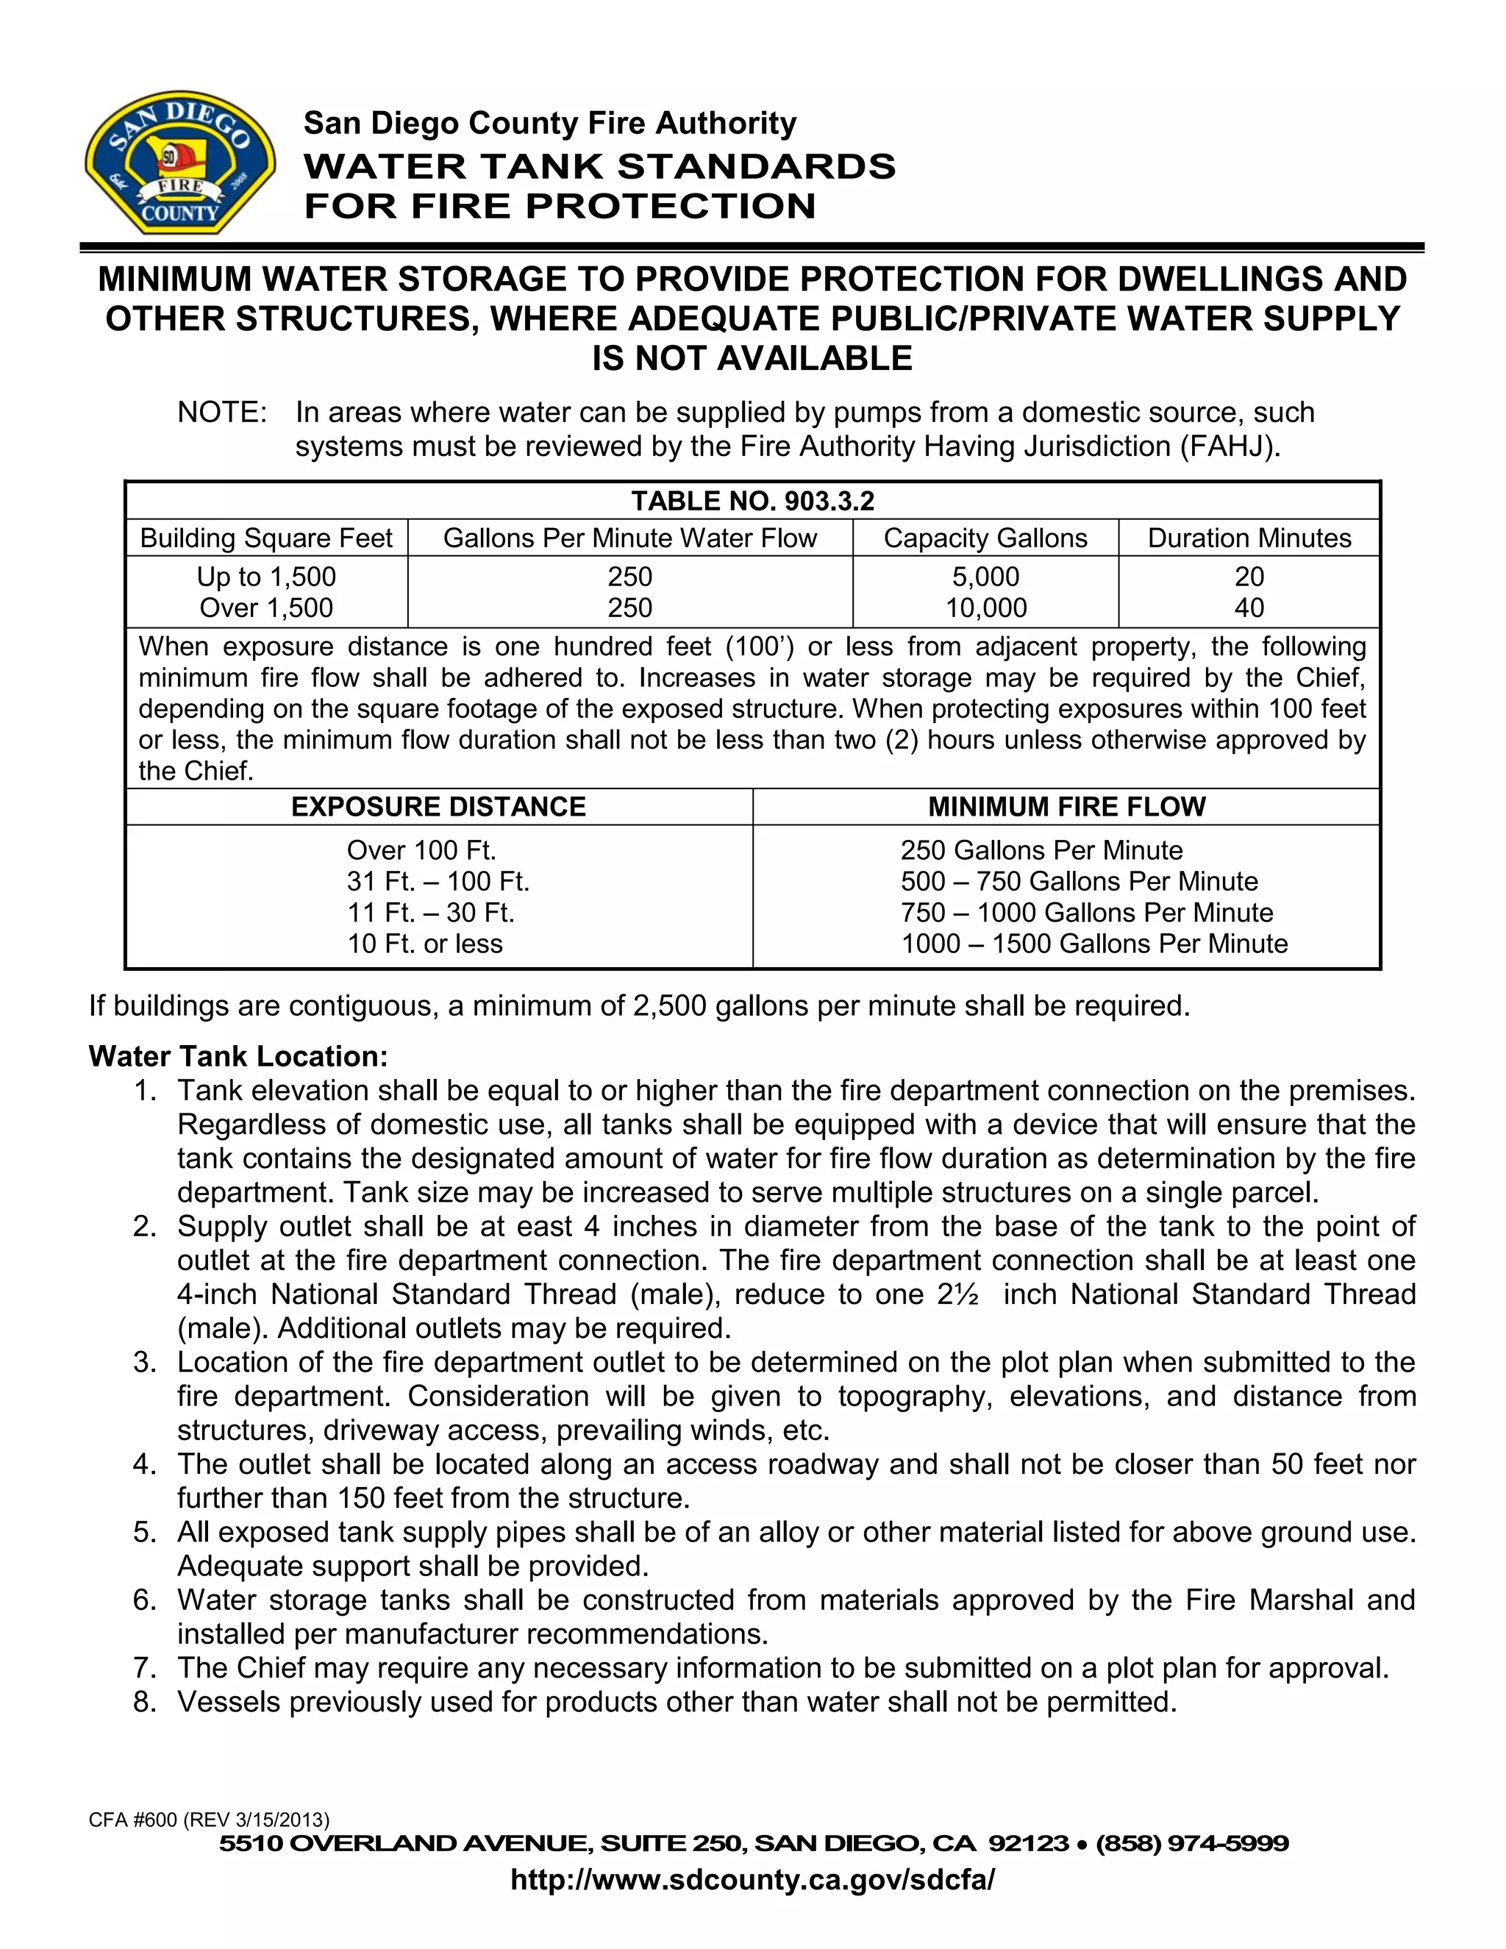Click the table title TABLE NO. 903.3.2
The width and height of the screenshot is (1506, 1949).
coord(752,501)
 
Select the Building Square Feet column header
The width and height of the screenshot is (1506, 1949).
coord(266,538)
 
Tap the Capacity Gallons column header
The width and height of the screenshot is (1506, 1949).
coord(985,538)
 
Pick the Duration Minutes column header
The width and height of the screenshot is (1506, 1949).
coord(1249,538)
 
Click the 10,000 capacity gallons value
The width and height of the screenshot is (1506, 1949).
coord(986,607)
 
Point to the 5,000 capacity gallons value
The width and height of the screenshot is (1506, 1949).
coord(986,577)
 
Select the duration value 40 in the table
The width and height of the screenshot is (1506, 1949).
coord(1249,607)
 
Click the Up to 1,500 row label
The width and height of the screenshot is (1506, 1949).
coord(266,577)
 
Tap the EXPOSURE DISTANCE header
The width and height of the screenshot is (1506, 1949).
coord(438,807)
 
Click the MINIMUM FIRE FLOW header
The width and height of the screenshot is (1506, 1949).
coord(1066,807)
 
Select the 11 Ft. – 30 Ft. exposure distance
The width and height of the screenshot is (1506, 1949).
coord(431,912)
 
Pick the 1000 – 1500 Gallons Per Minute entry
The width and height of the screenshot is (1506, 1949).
coord(1093,944)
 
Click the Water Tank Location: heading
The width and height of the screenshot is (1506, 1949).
coord(238,1057)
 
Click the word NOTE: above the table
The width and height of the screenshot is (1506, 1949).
coord(222,413)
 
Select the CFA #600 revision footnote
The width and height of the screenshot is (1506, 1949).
coord(209,1820)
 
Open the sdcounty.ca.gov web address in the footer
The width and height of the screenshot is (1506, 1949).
coord(752,1881)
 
